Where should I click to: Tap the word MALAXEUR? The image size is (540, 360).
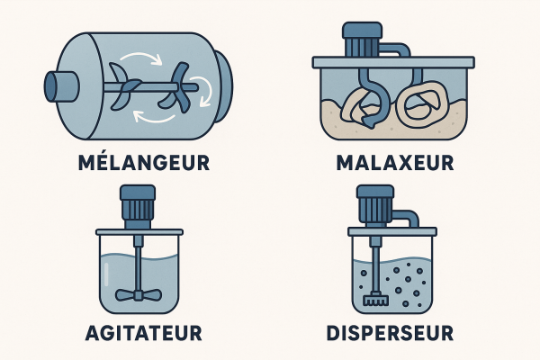point(395,163)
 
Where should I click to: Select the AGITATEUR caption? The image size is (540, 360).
point(144,333)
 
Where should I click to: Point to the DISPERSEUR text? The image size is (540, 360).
point(390,333)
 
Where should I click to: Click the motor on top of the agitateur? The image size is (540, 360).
point(138,207)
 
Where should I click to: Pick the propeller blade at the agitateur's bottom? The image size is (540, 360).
point(139,295)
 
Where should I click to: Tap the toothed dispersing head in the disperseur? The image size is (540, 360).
point(375,300)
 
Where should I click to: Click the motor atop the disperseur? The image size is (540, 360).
point(375,205)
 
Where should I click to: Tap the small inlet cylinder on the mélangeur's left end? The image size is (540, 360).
point(61,86)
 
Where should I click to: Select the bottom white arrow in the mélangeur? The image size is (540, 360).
point(154,117)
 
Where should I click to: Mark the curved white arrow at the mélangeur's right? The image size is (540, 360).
point(205,90)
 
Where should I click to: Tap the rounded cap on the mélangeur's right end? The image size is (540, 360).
point(223,86)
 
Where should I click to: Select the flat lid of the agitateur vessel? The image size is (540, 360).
point(139,232)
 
